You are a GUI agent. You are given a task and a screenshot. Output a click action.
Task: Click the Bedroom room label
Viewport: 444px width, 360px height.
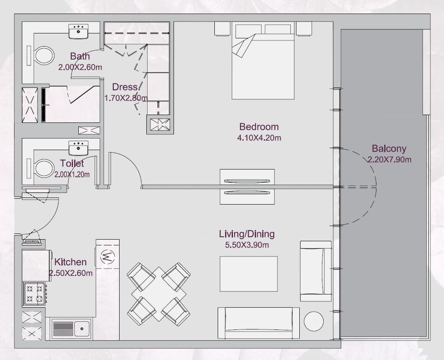point(259,127)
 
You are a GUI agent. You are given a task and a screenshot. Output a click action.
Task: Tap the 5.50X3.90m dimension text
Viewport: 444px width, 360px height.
point(247,245)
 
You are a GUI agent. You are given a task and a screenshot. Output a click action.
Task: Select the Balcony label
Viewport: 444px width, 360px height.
point(389,148)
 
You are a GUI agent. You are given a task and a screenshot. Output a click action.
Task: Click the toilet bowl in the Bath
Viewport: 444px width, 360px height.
point(44,56)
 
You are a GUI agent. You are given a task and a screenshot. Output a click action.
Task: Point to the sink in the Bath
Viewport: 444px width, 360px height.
point(78,31)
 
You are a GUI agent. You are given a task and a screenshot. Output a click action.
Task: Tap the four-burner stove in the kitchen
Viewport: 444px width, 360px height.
point(35,294)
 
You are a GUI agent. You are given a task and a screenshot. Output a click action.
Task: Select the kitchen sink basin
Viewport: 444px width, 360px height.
point(82,329)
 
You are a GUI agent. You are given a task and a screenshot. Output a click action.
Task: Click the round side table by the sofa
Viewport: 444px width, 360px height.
point(314,321)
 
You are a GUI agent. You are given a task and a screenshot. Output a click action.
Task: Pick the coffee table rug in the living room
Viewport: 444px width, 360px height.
point(249,274)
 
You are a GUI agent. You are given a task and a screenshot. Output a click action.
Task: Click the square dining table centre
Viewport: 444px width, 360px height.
point(159,294)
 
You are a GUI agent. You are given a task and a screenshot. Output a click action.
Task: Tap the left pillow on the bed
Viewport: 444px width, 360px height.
point(248,30)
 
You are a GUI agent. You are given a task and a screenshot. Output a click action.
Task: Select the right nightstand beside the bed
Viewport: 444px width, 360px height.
point(304,29)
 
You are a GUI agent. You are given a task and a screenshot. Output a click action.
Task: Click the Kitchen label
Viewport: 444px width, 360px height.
point(70,262)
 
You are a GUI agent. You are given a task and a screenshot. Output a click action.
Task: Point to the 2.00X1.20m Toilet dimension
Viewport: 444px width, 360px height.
point(72,174)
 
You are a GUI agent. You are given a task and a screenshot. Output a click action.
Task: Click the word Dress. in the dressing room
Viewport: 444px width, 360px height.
point(125,87)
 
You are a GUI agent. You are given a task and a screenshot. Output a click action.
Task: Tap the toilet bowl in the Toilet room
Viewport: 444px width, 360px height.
point(44,168)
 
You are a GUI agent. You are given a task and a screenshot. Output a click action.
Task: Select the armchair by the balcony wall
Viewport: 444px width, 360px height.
point(316,271)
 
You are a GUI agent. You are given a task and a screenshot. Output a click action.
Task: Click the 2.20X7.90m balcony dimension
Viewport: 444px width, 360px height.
point(389,160)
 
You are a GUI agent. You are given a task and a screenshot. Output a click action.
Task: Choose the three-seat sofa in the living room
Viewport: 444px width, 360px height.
point(258,323)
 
